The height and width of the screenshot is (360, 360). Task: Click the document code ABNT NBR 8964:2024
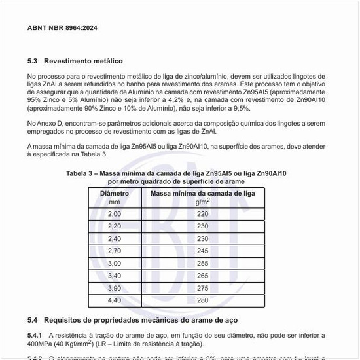click(x=63, y=29)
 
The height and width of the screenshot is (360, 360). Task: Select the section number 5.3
click(x=33, y=61)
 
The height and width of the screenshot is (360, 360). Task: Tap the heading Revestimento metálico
click(x=83, y=61)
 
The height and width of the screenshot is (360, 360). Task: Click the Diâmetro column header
click(x=115, y=194)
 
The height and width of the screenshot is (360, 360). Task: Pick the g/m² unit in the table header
click(x=202, y=202)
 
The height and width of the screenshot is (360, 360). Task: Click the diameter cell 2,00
click(x=115, y=214)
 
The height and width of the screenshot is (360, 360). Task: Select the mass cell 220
click(x=202, y=214)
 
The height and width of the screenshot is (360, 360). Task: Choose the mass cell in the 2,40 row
click(x=202, y=238)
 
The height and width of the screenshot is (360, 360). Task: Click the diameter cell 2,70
click(x=115, y=251)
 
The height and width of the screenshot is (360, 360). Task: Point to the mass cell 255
click(x=202, y=263)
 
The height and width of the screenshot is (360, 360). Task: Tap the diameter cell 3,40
click(x=115, y=276)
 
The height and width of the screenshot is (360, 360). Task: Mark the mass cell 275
click(x=202, y=288)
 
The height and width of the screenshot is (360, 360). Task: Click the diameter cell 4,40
click(x=115, y=300)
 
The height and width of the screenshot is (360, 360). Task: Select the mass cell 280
click(x=202, y=300)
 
